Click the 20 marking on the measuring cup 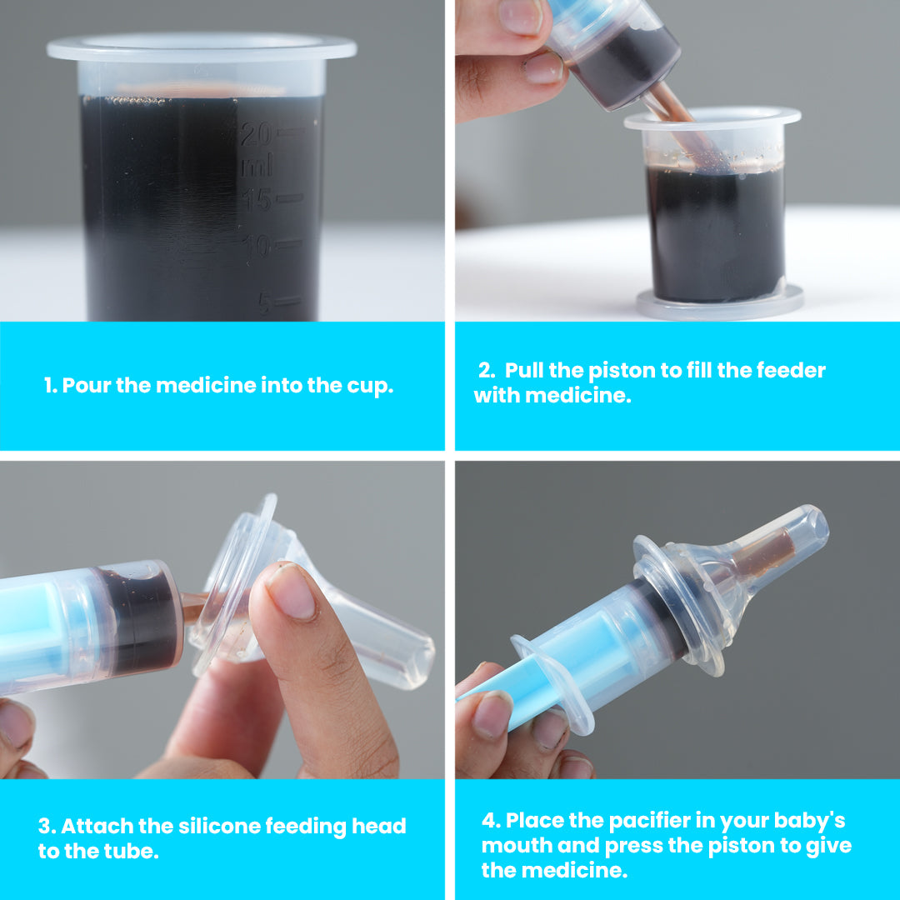point(256,133)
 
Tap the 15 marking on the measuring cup point(256,201)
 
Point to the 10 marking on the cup point(256,247)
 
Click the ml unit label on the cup point(257,167)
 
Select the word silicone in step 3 point(218,826)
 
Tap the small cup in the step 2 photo point(714,212)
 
